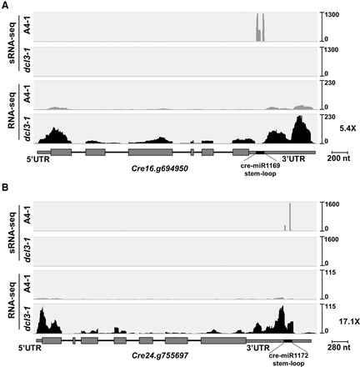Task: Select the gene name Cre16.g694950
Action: [x=157, y=168]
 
